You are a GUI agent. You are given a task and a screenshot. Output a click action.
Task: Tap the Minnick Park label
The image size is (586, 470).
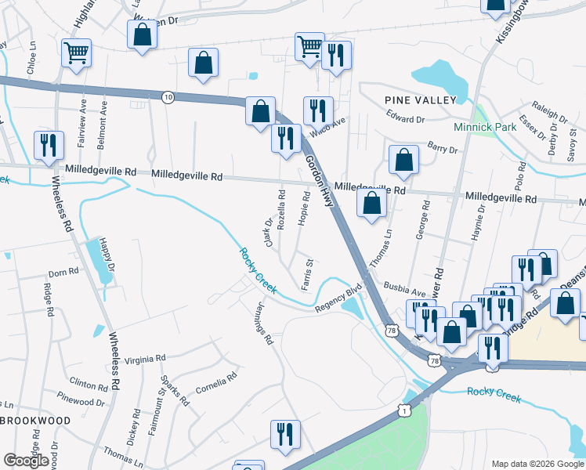pos(483,126)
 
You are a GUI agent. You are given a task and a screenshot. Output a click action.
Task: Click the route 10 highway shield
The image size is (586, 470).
pos(168,96)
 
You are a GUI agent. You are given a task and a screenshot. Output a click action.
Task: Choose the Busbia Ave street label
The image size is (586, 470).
pos(403,290)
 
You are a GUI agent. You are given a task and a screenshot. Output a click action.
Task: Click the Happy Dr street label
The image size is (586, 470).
pos(110,258)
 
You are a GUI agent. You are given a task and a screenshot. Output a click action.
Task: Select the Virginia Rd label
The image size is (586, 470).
pos(149,357)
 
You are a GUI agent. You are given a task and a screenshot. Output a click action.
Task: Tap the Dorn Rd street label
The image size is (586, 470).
pos(63,273)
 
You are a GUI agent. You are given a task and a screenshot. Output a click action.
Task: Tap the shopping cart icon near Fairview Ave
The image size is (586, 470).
pos(76,52)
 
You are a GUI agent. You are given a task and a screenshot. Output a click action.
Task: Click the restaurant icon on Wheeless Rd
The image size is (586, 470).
pos(49,146)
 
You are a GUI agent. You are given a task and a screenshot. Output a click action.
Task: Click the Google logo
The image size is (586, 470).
pos(27,461)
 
